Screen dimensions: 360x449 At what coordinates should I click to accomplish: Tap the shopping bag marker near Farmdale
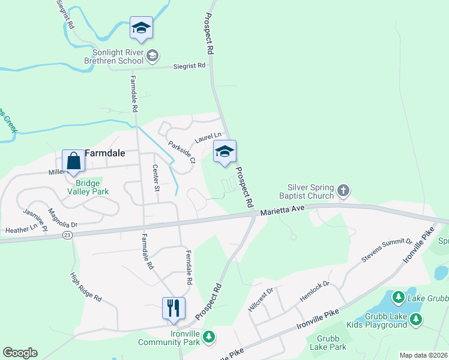[73, 161]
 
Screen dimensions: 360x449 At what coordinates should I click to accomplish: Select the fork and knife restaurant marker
[173, 308]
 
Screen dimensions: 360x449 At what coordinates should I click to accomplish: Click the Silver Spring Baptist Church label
[310, 191]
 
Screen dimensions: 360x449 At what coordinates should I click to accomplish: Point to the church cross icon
[343, 191]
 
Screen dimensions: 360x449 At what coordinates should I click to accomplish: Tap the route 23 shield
[67, 235]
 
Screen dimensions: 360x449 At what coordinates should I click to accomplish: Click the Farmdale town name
[104, 153]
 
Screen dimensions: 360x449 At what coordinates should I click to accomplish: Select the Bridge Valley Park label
[84, 187]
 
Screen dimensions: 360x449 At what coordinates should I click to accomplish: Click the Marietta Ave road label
[283, 210]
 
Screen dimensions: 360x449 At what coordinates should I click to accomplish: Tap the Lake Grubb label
[427, 298]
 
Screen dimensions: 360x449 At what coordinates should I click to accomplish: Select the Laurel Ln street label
[208, 139]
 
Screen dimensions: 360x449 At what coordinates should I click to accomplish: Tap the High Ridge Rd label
[85, 289]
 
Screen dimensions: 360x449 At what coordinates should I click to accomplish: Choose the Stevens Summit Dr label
[387, 250]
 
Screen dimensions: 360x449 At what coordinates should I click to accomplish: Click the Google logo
[20, 352]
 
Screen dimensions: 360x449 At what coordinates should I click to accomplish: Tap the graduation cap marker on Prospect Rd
[224, 152]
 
